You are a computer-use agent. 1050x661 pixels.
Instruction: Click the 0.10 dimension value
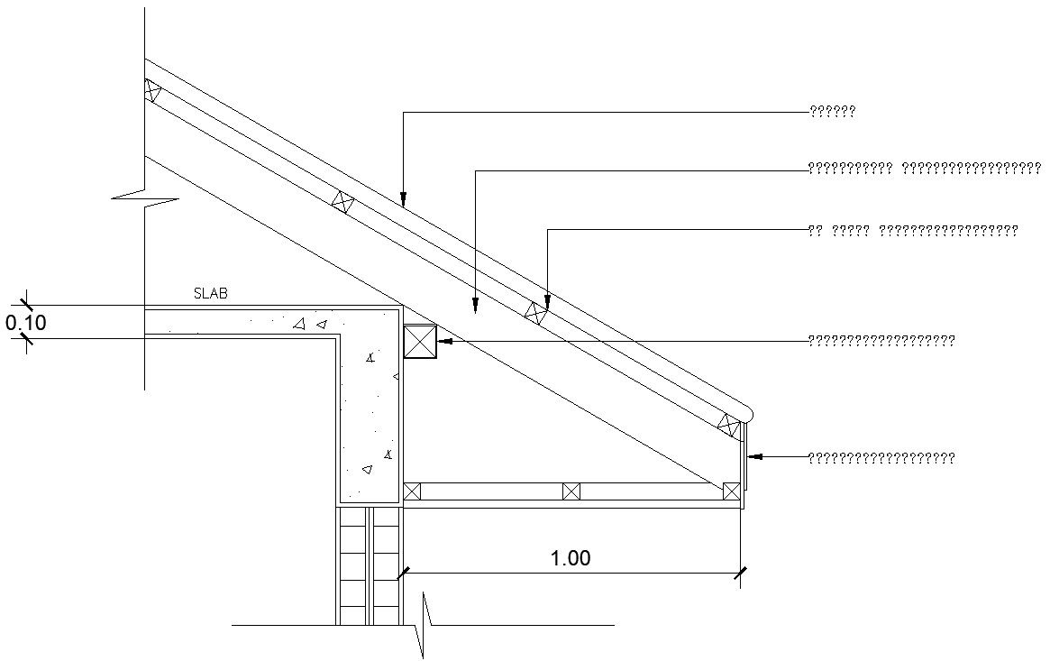coord(25,322)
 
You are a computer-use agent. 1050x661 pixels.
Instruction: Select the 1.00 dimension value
coord(571,558)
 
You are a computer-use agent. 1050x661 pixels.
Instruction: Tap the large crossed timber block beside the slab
coord(419,342)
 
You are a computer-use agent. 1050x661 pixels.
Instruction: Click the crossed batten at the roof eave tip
coord(728,423)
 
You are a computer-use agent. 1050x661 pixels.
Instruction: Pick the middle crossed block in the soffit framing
coord(571,491)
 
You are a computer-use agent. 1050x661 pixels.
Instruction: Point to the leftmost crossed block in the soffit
coord(412,491)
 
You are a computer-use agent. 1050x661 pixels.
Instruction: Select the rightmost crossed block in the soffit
coord(731,491)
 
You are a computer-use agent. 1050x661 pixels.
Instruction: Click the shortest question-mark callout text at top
coord(832,113)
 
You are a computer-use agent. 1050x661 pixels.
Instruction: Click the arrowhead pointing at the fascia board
coord(755,457)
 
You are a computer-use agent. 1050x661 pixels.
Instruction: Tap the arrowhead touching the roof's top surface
coord(403,199)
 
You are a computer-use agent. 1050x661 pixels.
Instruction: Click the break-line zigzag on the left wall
coord(144,197)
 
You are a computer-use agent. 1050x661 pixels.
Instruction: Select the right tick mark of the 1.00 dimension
coord(740,572)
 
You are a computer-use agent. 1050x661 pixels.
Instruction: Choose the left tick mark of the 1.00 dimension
coord(403,572)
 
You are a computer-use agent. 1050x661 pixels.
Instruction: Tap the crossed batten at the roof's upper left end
coord(152,90)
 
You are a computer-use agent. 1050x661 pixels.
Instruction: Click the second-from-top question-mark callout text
coord(925,168)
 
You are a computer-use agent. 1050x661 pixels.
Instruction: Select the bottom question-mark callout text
coord(881,458)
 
